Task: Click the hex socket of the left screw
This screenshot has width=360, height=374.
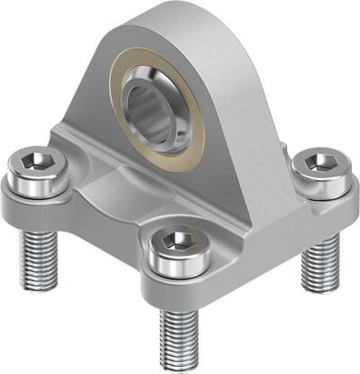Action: pyautogui.click(x=37, y=163)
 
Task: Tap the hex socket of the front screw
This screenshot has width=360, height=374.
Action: pyautogui.click(x=179, y=241)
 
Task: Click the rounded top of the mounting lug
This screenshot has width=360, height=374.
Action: pyautogui.click(x=171, y=16)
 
